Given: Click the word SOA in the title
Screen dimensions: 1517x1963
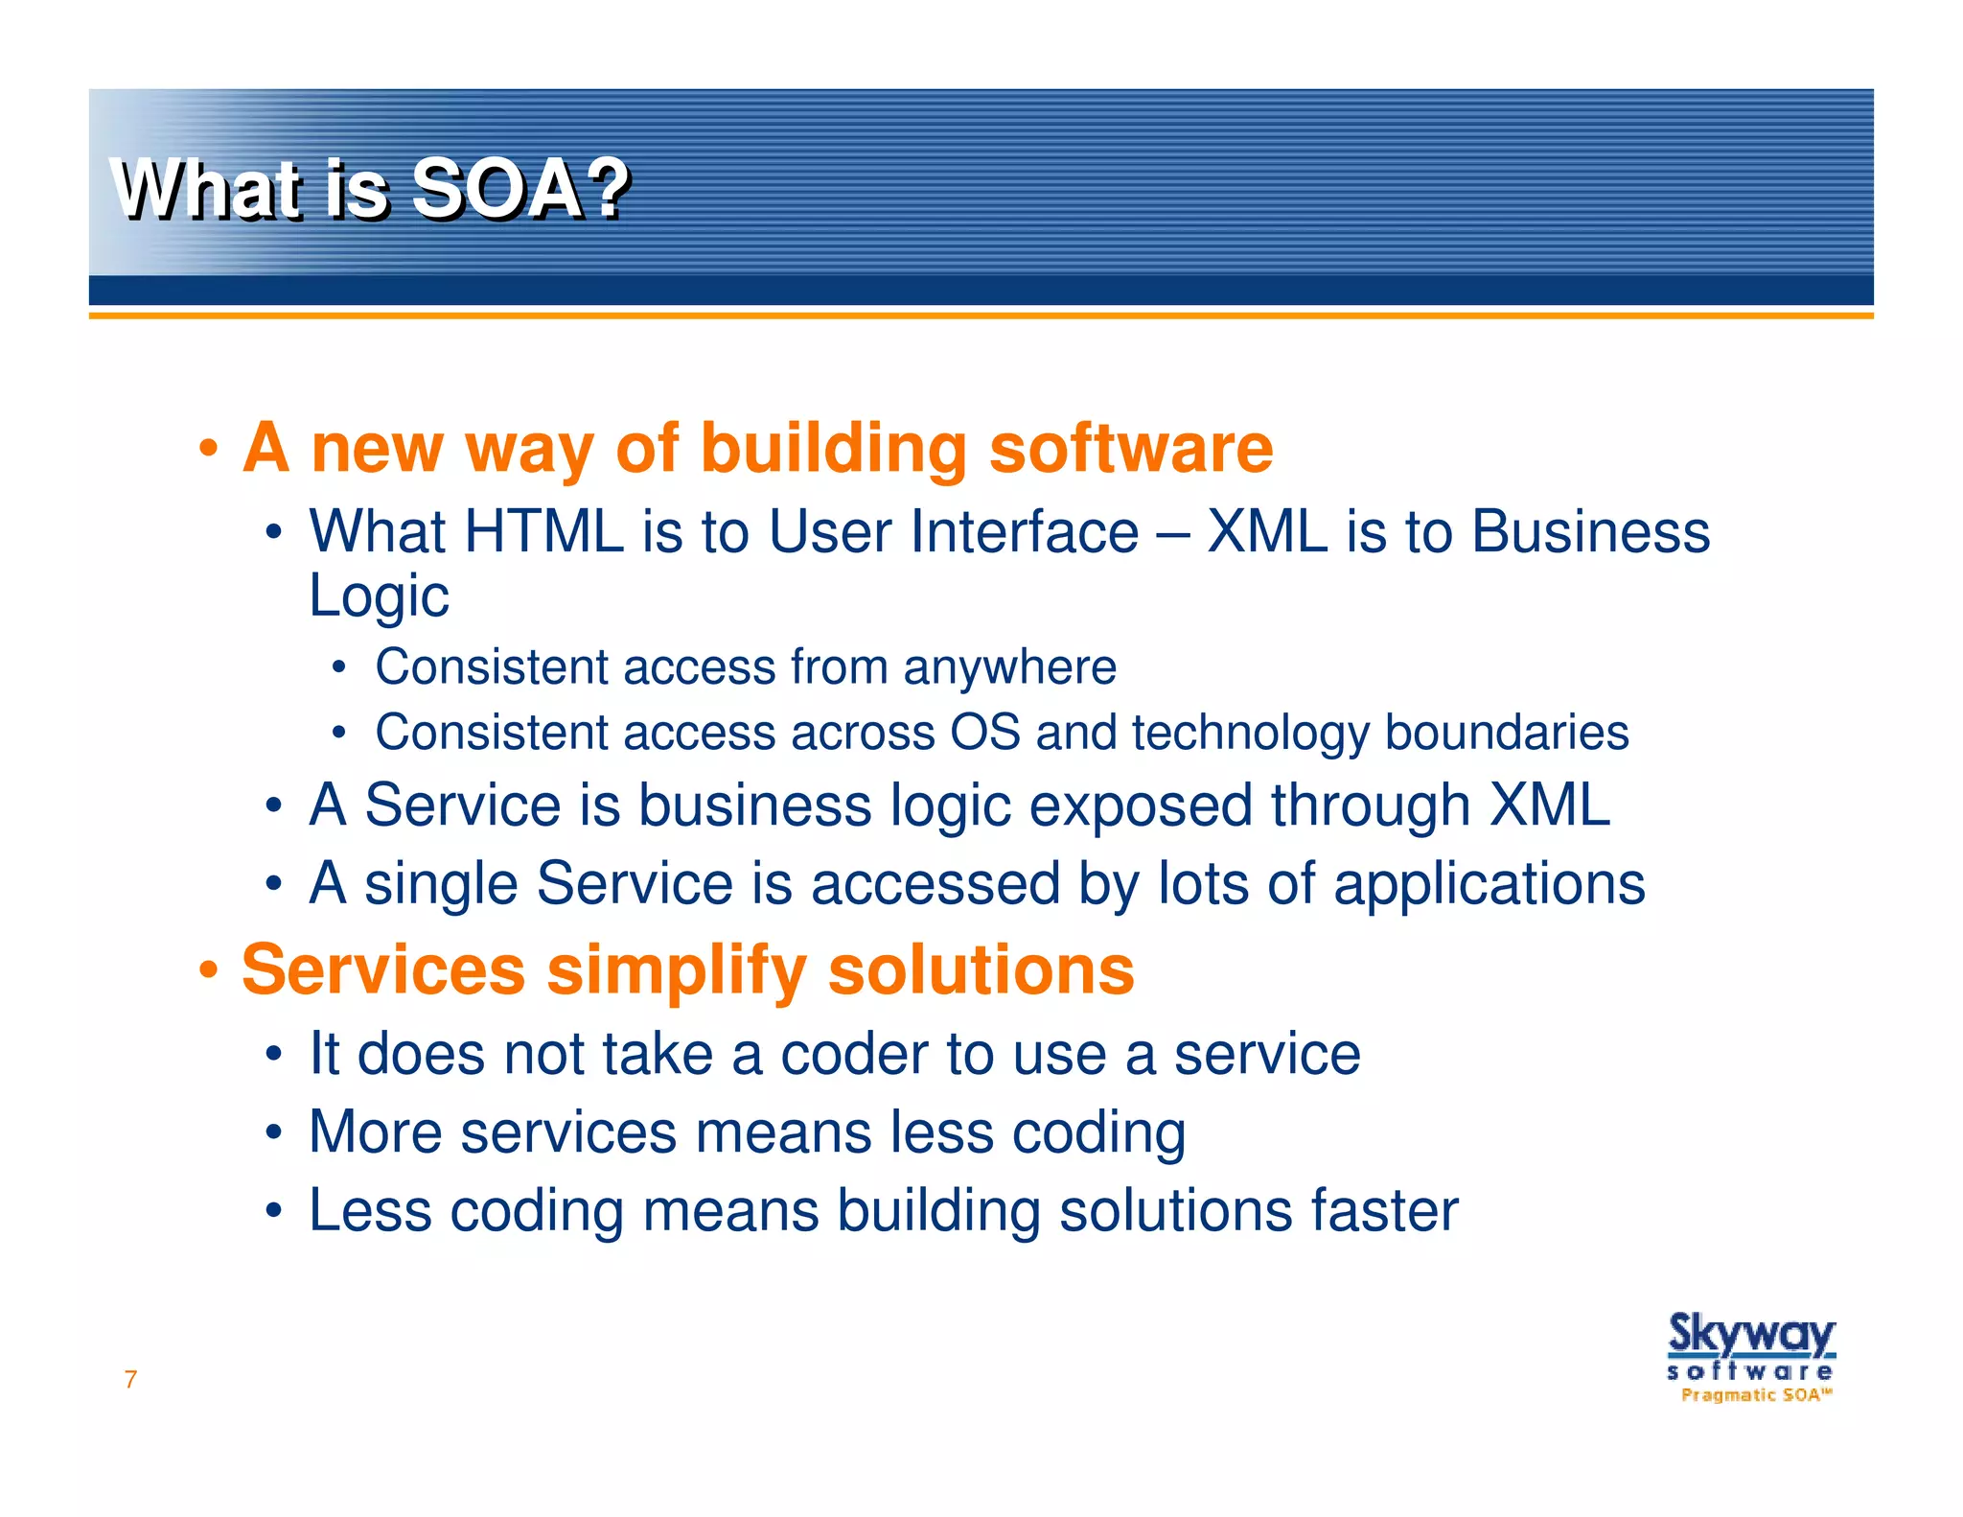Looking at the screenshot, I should click(x=497, y=189).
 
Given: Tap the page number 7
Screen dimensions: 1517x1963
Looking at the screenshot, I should click(x=130, y=1380).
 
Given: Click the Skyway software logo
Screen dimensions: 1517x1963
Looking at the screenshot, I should click(x=1750, y=1347).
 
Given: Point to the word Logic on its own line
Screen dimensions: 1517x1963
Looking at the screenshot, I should click(x=379, y=596).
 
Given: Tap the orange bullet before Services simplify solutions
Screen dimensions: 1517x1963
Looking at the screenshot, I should click(x=208, y=970).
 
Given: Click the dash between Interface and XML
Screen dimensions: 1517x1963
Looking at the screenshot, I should click(x=1172, y=533).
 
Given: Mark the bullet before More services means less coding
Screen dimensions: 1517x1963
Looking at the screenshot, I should click(x=274, y=1132).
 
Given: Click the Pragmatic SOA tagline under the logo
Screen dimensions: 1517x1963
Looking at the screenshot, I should click(x=1755, y=1395).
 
